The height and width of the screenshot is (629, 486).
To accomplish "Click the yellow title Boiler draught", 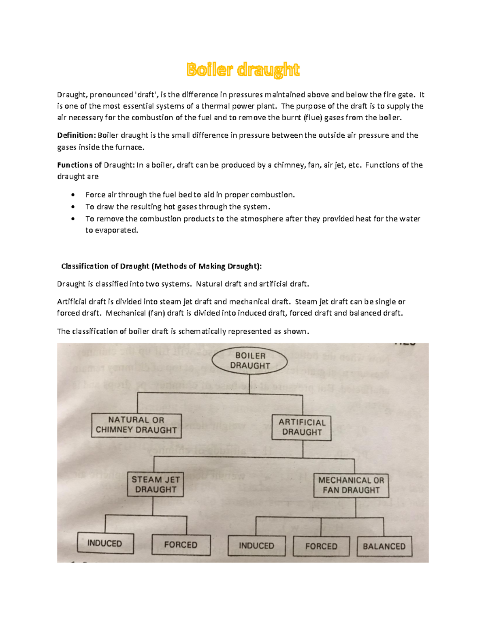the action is [243, 70].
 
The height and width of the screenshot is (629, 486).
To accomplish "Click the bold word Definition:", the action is [76, 135].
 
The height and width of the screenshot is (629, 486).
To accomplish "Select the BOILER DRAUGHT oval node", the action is [250, 361].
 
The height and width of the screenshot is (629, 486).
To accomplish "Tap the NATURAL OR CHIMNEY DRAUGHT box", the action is [136, 425].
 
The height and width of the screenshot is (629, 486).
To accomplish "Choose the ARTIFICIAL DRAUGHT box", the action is [302, 427].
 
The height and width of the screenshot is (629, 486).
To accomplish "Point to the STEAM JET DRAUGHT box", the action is [156, 484].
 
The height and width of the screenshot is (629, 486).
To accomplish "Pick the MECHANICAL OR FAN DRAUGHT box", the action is [351, 485].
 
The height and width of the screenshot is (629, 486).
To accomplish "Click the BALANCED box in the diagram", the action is [384, 546].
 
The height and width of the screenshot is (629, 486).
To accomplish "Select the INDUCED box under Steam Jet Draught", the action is [105, 543].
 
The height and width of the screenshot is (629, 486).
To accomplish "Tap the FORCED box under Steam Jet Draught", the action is [181, 545].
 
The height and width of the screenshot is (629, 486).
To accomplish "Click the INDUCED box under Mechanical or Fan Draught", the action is [256, 546].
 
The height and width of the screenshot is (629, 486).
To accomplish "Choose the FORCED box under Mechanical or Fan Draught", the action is [321, 546].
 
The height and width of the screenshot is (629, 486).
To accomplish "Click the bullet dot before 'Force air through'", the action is [73, 195].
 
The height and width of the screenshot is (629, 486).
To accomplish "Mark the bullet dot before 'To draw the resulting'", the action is [73, 207].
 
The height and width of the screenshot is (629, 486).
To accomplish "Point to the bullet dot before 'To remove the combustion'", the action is [73, 219].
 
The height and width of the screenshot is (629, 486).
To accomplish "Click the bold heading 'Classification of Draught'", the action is [161, 266].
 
